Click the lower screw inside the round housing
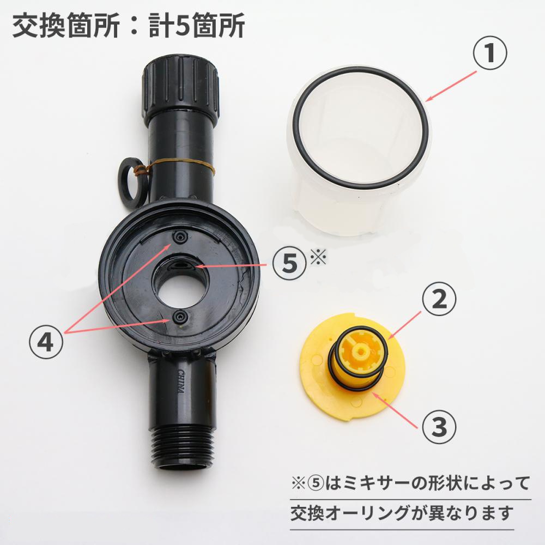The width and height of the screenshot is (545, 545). click(178, 317)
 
